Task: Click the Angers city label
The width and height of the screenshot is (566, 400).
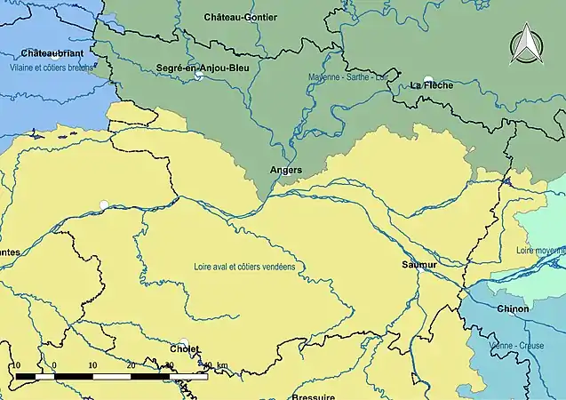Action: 285,169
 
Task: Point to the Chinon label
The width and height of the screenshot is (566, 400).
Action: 513,309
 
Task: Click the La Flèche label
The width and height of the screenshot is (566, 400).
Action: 432,85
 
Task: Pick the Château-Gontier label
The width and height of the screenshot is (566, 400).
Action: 240,17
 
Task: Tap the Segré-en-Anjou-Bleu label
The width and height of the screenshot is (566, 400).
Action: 202,68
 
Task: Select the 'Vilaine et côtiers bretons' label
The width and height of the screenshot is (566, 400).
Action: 50,68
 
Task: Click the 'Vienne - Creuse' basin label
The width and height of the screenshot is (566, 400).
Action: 516,345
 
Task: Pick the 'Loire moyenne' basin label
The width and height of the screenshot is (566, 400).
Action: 540,251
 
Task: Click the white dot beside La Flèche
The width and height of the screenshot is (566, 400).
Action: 428,79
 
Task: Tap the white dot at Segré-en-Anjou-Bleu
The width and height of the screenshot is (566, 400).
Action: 199,76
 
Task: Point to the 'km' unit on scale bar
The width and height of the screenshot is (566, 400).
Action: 221,365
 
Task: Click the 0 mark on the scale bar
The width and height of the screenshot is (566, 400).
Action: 54,365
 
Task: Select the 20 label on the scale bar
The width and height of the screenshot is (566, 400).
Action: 131,365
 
